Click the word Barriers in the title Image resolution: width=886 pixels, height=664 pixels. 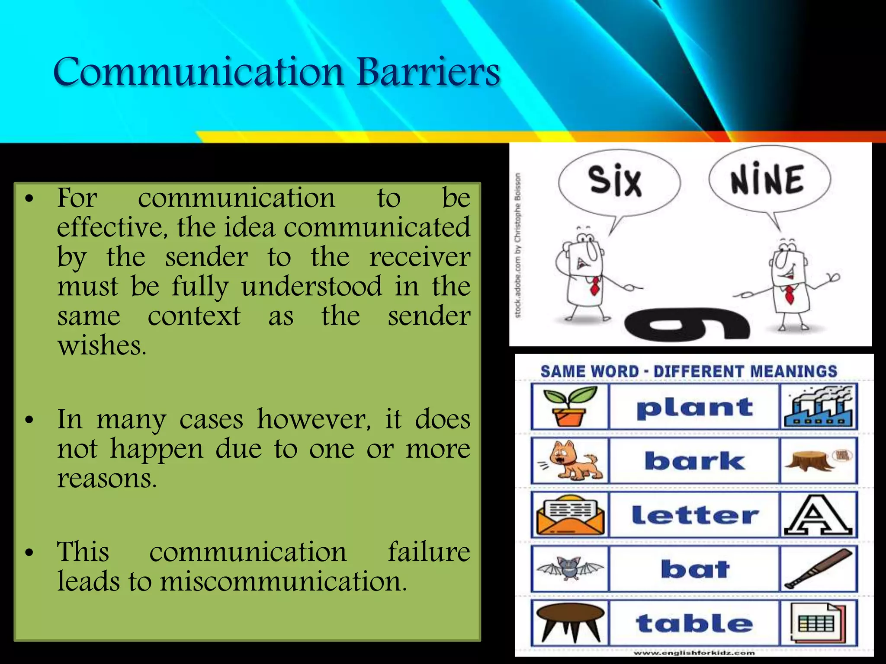[x=428, y=71]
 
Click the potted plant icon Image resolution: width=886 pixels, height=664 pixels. [x=569, y=406]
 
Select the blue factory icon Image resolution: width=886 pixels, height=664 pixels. [x=819, y=406]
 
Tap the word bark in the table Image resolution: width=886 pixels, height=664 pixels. [x=694, y=461]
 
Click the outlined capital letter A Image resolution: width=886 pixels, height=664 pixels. [x=818, y=515]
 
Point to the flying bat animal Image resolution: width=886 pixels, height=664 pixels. [x=570, y=568]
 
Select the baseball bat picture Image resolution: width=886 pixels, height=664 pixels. [x=818, y=569]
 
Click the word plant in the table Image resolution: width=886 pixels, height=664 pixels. [x=694, y=407]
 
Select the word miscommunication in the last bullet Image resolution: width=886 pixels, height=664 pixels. [x=283, y=581]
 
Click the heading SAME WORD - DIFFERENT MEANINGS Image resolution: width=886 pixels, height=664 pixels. [x=689, y=371]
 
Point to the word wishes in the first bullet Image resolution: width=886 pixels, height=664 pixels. [x=102, y=346]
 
